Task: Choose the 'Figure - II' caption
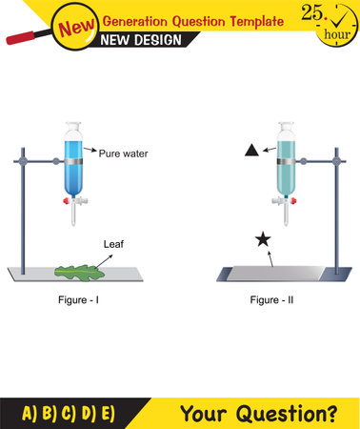pos(275,302)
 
